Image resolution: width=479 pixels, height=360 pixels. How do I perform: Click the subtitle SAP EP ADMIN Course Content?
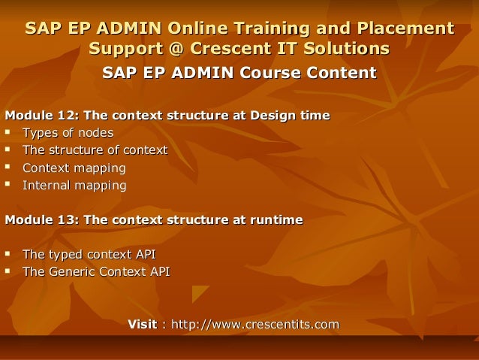pos(239,74)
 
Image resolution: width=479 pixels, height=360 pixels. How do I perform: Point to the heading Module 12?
pos(167,116)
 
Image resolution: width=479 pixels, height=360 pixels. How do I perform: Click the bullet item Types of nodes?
pos(68,133)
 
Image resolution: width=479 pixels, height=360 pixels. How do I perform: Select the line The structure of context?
pos(95,150)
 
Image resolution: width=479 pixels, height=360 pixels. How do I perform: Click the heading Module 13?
pos(154,220)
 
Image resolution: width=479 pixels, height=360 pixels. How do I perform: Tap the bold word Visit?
pos(143,325)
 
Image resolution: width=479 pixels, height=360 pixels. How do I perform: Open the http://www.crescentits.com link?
pos(255,325)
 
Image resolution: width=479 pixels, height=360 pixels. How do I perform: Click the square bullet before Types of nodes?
pos(9,133)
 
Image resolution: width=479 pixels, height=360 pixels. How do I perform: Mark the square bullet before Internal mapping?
pos(9,185)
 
